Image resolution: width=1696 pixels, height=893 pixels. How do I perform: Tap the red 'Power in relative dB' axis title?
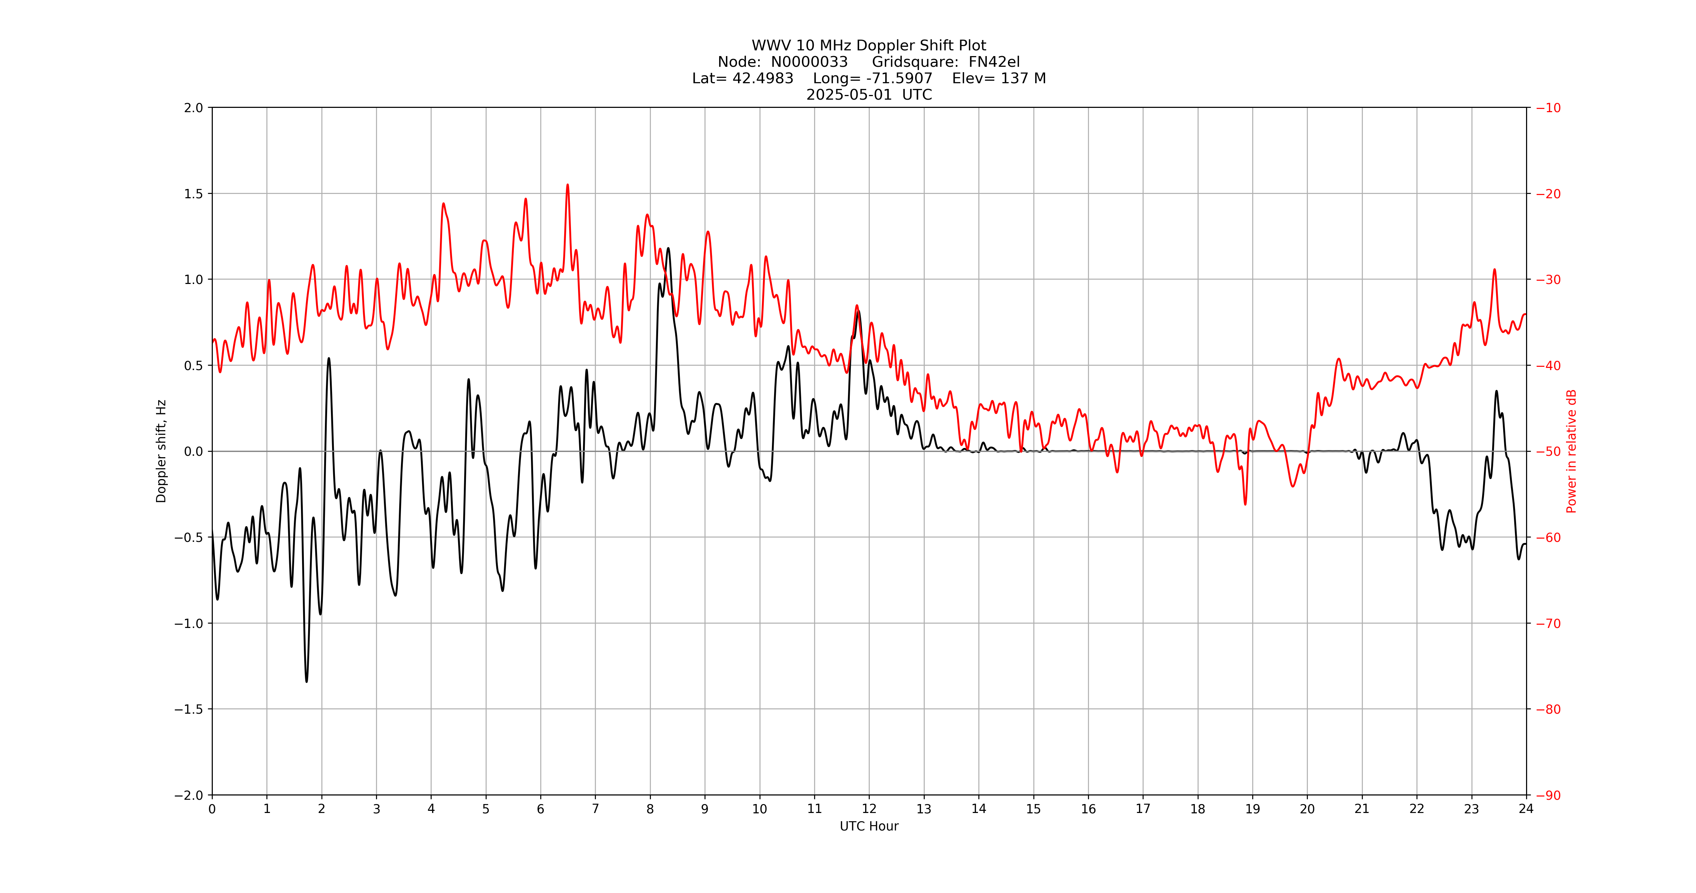click(1571, 451)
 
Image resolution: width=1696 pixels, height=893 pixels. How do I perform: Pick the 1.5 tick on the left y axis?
click(194, 194)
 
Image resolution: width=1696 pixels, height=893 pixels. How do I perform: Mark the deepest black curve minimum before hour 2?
click(306, 681)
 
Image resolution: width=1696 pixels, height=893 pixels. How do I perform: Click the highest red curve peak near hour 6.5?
click(567, 185)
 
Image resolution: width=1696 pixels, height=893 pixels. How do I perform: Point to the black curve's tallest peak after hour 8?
click(668, 248)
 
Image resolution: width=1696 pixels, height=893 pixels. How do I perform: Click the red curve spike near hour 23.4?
click(1495, 269)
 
